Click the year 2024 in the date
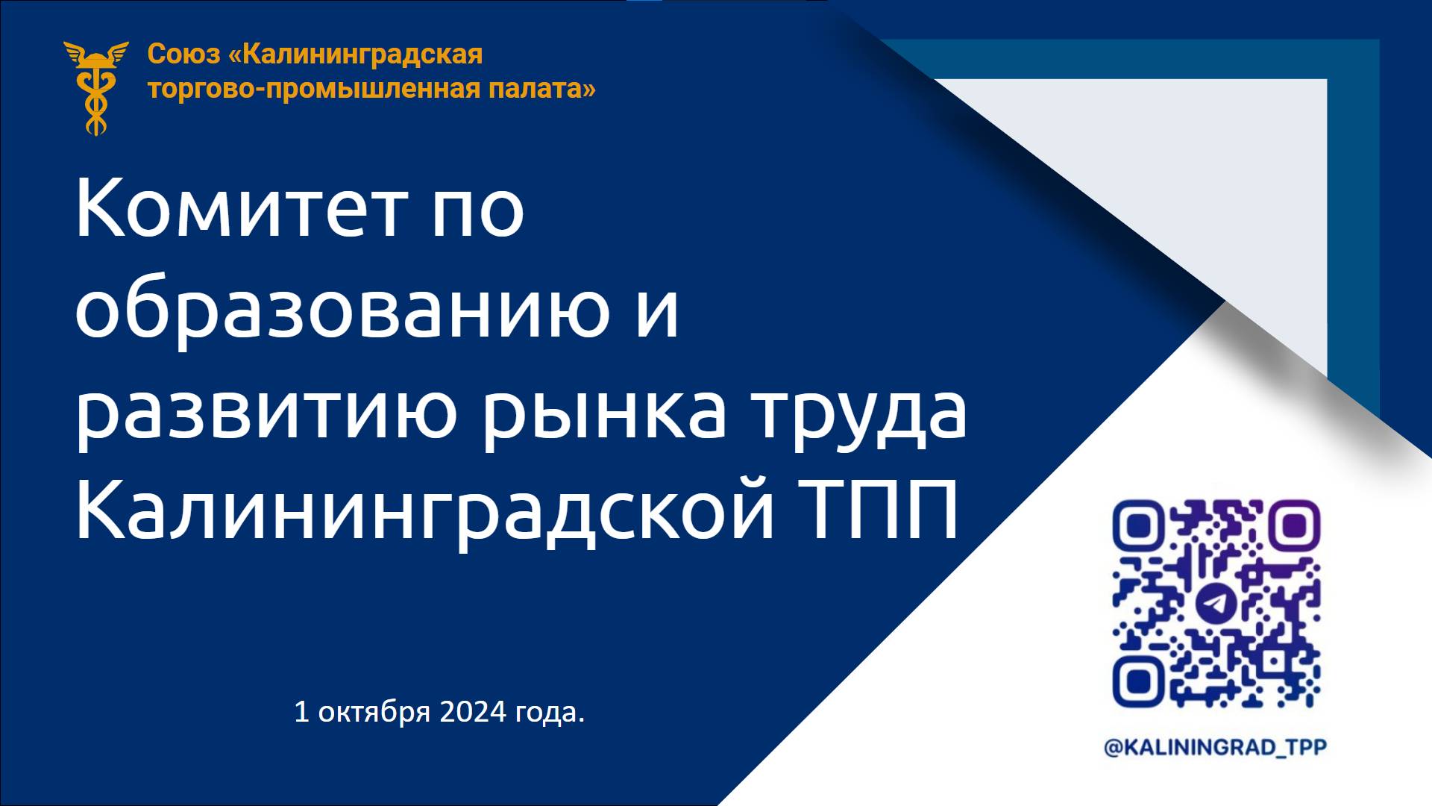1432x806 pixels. click(x=473, y=712)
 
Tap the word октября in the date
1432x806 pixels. click(x=374, y=713)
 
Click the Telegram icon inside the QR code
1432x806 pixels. click(x=1217, y=603)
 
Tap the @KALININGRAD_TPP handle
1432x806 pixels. click(x=1216, y=747)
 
